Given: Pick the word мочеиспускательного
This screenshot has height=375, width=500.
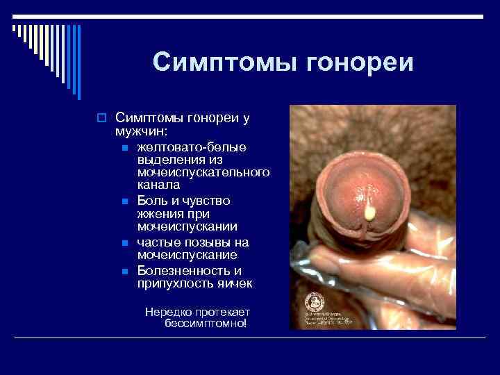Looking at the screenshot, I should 203,172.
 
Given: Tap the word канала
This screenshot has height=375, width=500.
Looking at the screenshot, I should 158,185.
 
